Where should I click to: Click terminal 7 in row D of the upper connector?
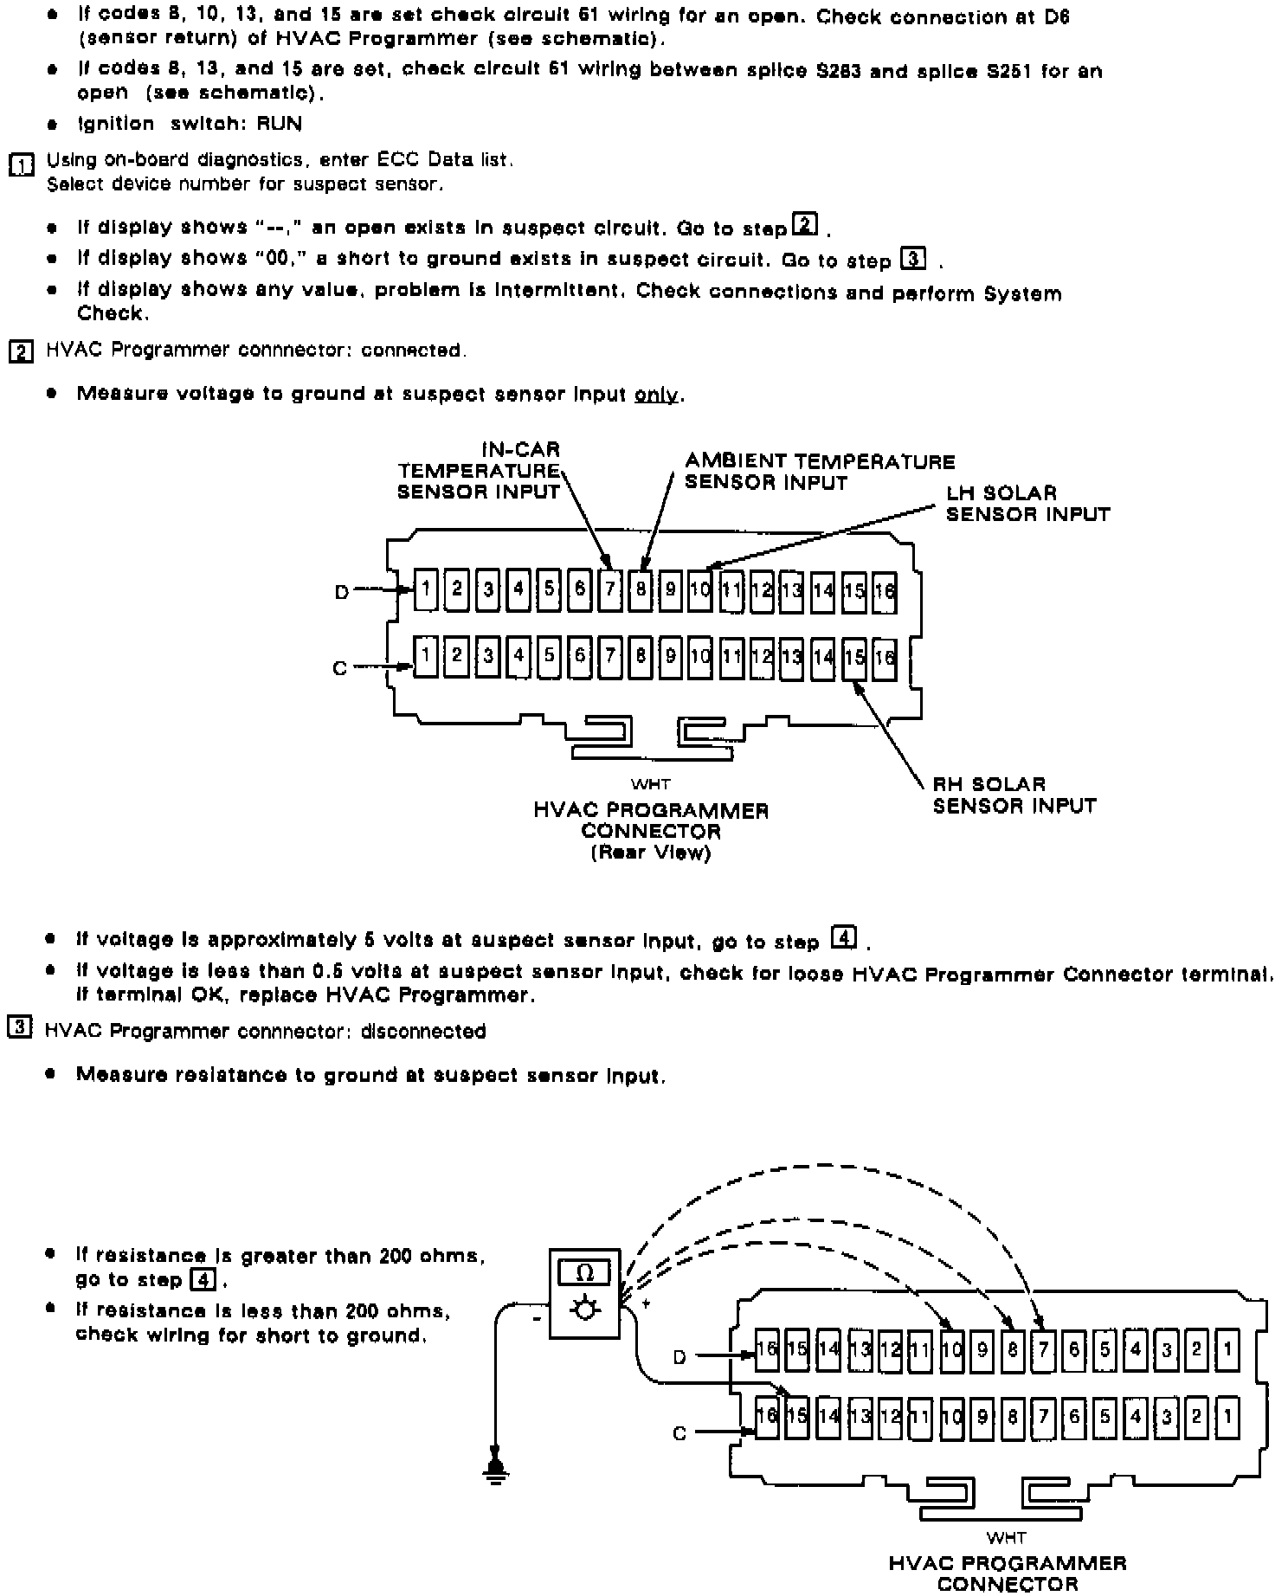(x=610, y=590)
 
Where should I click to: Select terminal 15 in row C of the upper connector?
(x=854, y=657)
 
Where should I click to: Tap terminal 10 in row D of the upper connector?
(x=700, y=590)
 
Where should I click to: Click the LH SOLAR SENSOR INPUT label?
(x=1027, y=504)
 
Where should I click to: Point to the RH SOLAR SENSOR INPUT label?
(x=1014, y=795)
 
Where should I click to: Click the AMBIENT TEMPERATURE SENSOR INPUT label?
(x=820, y=472)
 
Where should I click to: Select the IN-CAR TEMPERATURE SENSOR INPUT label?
(x=479, y=471)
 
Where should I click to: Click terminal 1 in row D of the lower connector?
(x=1227, y=1349)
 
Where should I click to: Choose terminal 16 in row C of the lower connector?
(x=767, y=1417)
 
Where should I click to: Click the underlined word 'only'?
(x=656, y=395)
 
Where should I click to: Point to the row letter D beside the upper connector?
(x=342, y=592)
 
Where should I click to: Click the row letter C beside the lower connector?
(x=680, y=1433)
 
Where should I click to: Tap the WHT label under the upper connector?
(x=650, y=784)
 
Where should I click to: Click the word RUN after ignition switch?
(x=280, y=124)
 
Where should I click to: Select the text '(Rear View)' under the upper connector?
(x=650, y=853)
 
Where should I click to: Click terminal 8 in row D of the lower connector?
(x=1013, y=1349)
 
